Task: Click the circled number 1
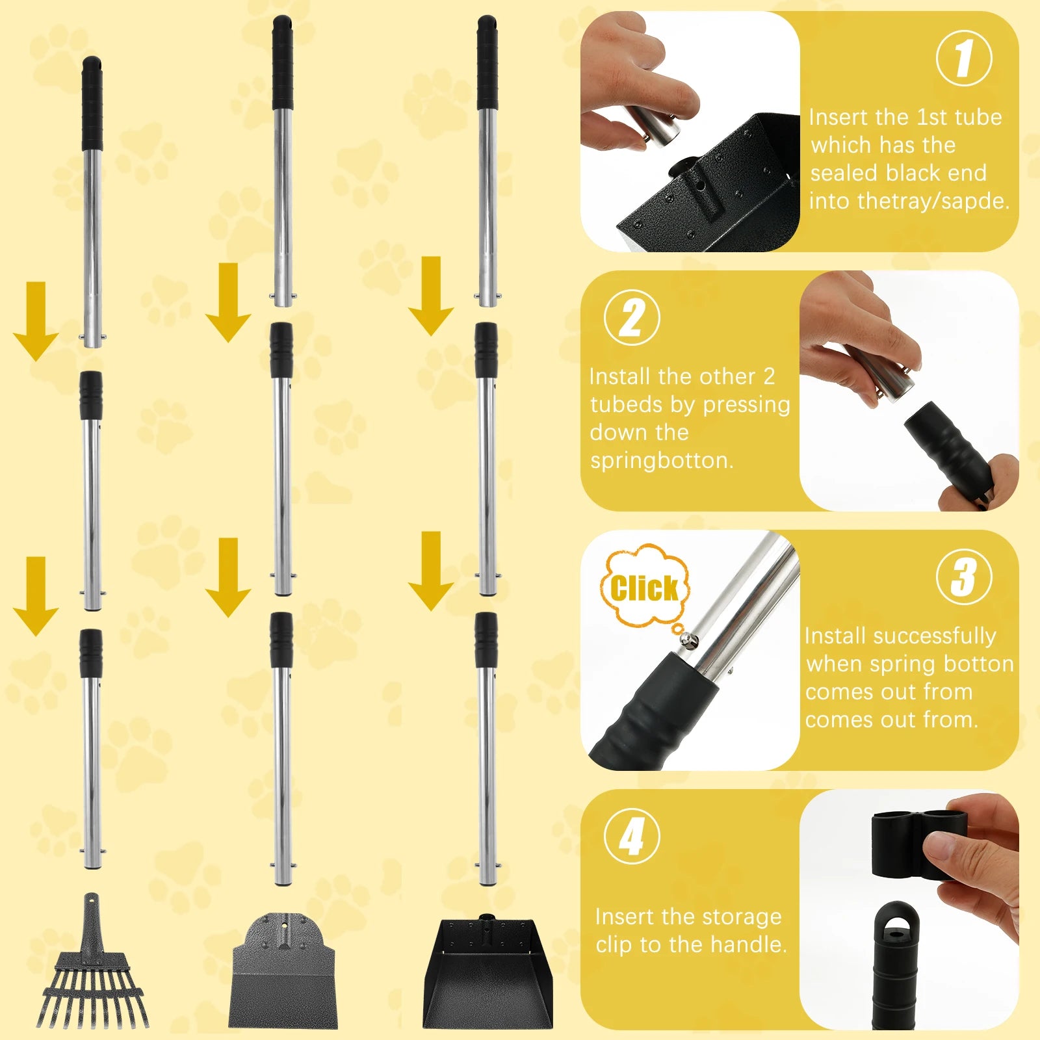pos(964,58)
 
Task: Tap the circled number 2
pos(632,318)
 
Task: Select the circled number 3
pos(964,577)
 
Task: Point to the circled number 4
pos(632,837)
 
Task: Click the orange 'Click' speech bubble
pos(643,588)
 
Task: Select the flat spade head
pos(283,975)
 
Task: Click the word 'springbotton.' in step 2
pos(662,460)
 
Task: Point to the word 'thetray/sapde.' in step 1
pos(909,201)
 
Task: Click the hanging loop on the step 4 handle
pos(896,923)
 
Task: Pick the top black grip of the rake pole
pos(92,104)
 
